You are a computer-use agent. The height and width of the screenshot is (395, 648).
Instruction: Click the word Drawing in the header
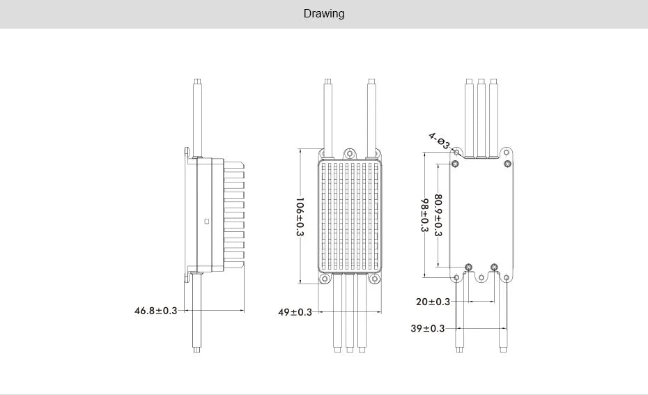(x=323, y=14)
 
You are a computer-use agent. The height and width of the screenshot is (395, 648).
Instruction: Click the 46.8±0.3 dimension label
(x=155, y=310)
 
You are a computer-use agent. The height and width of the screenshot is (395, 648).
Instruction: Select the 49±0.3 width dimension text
(x=295, y=312)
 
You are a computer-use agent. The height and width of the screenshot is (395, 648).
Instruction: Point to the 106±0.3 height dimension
(x=300, y=217)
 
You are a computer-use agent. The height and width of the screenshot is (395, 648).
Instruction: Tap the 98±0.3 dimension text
(x=424, y=215)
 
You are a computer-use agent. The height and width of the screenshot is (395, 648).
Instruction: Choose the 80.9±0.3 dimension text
(x=438, y=215)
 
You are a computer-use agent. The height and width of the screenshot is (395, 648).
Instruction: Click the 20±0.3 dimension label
(x=433, y=302)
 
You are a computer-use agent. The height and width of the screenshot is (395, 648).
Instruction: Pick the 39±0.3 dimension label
(x=427, y=328)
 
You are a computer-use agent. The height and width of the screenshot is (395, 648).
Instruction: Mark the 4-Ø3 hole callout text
(x=440, y=141)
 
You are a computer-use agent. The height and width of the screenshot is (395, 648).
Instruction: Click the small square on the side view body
(x=206, y=222)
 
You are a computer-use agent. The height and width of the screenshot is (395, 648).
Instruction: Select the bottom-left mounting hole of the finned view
(x=324, y=279)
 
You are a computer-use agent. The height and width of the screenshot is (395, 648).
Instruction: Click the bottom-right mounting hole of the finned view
(x=375, y=279)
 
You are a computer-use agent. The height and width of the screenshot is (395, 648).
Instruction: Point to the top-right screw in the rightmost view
(x=507, y=164)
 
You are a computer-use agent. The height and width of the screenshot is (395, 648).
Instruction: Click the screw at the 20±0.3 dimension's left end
(x=468, y=267)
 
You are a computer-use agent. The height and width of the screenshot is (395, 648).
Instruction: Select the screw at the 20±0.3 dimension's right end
(x=494, y=267)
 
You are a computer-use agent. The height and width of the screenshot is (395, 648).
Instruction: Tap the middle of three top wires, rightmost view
(x=481, y=118)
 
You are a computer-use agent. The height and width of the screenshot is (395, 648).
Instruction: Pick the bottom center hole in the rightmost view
(x=481, y=278)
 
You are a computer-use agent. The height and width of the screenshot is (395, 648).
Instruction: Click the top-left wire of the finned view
(x=327, y=115)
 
